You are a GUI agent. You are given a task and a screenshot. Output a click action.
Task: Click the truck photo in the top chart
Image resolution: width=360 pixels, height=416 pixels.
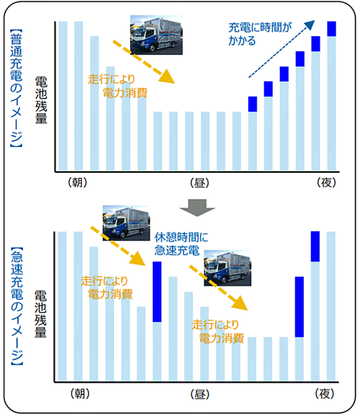[x=156, y=35]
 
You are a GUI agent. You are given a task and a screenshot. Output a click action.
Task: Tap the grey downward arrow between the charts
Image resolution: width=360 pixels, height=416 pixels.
[x=197, y=208]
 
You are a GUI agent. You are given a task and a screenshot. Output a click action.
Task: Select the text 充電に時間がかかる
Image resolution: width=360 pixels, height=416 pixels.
[x=260, y=35]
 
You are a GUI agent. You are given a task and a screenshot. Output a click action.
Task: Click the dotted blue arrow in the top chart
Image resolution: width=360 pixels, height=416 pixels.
[x=282, y=49]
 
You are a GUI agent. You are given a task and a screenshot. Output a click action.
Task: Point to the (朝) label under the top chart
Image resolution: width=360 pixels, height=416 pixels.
[x=77, y=183]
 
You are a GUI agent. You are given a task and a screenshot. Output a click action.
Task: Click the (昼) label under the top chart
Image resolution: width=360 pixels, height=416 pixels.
[x=199, y=183]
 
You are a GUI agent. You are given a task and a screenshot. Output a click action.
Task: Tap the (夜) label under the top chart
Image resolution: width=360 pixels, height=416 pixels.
[x=326, y=183]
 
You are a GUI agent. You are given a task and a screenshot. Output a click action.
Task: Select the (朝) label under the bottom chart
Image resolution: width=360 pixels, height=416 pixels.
[x=80, y=394]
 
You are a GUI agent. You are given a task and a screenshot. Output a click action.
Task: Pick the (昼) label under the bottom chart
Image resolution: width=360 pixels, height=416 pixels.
[x=200, y=394]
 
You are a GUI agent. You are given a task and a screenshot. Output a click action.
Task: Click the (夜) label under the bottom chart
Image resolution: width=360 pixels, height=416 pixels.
[x=325, y=394]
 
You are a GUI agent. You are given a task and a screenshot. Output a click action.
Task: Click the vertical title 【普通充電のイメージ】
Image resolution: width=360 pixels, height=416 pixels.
[x=17, y=88]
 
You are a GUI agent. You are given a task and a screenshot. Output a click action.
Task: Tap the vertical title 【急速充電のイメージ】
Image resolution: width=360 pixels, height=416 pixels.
[x=17, y=307]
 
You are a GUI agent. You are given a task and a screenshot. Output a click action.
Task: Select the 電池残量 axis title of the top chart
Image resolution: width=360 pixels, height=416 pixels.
[x=41, y=100]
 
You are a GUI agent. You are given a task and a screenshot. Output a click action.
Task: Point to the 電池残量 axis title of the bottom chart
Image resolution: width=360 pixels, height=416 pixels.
[x=40, y=314]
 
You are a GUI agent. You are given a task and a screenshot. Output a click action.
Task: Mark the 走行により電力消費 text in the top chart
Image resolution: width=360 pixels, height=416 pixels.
[x=117, y=86]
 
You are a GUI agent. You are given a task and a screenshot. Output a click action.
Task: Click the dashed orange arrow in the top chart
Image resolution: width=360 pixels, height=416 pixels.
[x=143, y=62]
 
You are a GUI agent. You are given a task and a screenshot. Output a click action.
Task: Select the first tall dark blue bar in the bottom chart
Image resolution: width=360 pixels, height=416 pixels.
[x=157, y=291]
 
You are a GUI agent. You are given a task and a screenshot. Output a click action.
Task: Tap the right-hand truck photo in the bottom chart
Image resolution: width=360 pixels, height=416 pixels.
[x=228, y=268]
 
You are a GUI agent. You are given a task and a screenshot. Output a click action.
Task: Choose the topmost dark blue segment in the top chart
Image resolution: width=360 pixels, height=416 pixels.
[x=332, y=29]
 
